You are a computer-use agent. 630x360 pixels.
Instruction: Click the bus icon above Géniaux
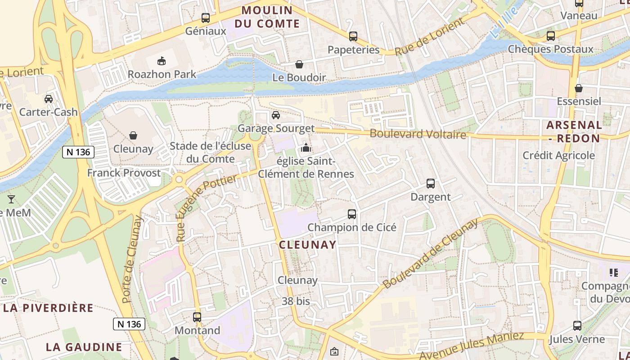tap(206, 18)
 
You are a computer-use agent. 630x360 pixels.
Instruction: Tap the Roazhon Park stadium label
tap(162, 74)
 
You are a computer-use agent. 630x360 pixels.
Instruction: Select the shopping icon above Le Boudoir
tap(299, 64)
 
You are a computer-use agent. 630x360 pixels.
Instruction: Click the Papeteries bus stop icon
tap(353, 36)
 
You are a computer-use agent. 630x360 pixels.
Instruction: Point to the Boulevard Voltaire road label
tap(418, 134)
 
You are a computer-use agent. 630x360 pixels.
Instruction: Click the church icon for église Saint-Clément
tap(306, 147)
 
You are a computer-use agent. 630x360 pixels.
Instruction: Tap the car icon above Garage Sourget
tap(276, 115)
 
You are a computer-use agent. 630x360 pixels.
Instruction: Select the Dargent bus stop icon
tap(431, 184)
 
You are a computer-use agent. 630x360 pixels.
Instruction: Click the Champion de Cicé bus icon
tap(352, 214)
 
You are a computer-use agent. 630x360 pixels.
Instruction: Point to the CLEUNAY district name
tap(308, 245)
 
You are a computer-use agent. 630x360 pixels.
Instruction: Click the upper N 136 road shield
tap(78, 152)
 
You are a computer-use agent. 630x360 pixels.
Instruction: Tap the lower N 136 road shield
tap(129, 324)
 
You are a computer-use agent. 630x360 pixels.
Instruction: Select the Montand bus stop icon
tap(197, 317)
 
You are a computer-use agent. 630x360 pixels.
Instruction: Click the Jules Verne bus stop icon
tap(577, 326)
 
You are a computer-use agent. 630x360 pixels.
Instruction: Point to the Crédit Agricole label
tap(558, 156)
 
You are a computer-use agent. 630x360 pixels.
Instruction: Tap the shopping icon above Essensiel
tap(579, 88)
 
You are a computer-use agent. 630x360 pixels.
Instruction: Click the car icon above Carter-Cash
tap(49, 99)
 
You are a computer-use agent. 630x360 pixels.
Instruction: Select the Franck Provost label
tap(124, 173)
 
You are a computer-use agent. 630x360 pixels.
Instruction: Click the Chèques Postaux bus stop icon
tap(551, 36)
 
